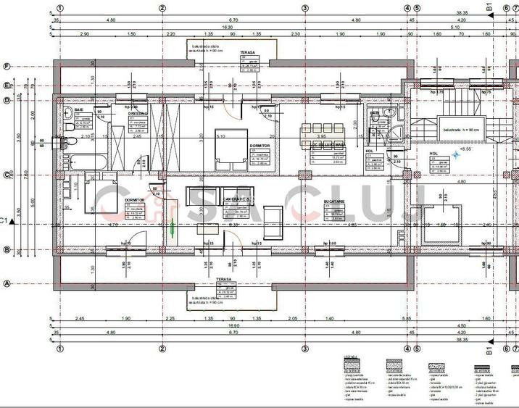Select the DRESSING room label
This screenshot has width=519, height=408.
138,114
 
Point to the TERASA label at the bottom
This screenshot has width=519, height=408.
224,279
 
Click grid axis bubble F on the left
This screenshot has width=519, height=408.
7,67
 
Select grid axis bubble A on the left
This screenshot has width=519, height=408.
7,284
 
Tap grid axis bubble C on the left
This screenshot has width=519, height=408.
7,175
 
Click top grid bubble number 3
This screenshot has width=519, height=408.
305,9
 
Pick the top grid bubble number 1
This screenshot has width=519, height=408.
60,9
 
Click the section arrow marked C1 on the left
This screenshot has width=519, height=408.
6,220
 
